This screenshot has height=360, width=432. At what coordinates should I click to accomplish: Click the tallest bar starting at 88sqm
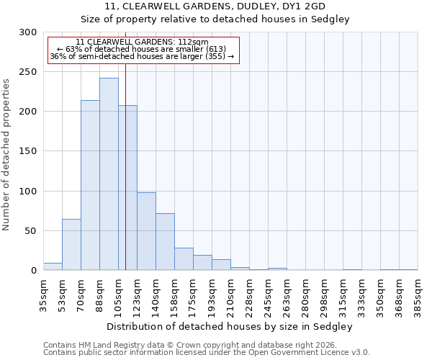click(109, 174)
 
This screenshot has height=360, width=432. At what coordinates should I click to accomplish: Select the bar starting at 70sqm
click(90, 185)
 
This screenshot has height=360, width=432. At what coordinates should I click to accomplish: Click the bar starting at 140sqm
click(165, 242)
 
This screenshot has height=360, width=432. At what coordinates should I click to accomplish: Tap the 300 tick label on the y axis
click(27, 32)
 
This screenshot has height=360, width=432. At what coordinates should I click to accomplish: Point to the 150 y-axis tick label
click(27, 151)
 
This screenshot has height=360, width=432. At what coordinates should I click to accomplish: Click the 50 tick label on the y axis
click(30, 231)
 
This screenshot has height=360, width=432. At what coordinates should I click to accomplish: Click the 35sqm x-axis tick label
click(43, 293)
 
